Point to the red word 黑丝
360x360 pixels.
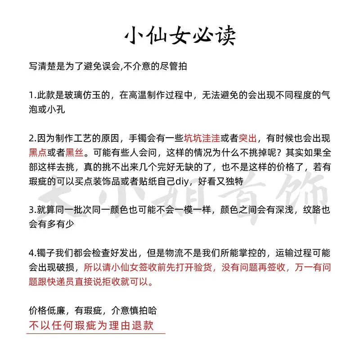[74, 153]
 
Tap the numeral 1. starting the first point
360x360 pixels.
[32, 95]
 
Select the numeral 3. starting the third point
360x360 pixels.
[32, 209]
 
